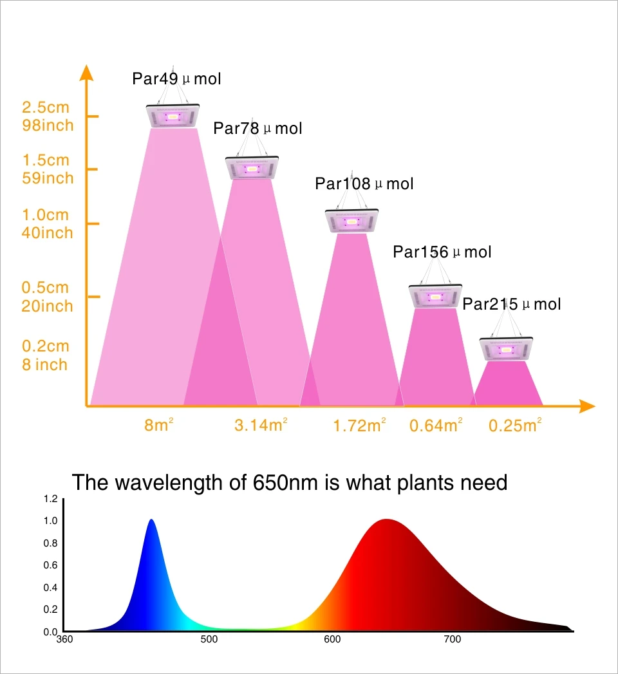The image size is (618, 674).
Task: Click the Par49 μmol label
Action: coord(176,79)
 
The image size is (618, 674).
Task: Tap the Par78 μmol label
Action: coord(257,129)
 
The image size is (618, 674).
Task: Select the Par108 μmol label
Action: coord(364,184)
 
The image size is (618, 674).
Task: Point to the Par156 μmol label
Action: coord(442,252)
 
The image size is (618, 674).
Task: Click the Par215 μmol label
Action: coord(512,304)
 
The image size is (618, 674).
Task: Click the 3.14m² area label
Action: coord(261,426)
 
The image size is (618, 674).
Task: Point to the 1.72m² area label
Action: coord(359,426)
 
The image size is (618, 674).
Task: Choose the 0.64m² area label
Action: coord(436,426)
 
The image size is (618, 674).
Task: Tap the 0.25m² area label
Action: coord(515,426)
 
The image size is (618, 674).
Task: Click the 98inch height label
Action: coord(48,125)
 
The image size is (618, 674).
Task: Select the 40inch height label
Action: coord(48,232)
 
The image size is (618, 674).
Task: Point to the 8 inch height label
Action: coord(44,365)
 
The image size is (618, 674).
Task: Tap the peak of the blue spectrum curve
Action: coord(151,520)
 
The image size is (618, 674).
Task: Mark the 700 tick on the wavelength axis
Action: coord(452,639)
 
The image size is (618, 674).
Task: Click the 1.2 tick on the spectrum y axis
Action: coord(51,499)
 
